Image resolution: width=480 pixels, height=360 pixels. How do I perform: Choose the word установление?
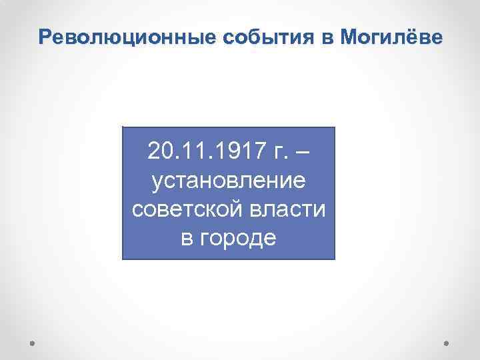[x=229, y=180]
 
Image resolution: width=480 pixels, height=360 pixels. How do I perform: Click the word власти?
[x=287, y=209]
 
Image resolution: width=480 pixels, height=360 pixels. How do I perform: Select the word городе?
[x=237, y=238]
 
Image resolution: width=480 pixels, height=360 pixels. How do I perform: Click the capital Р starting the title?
[x=45, y=37]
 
